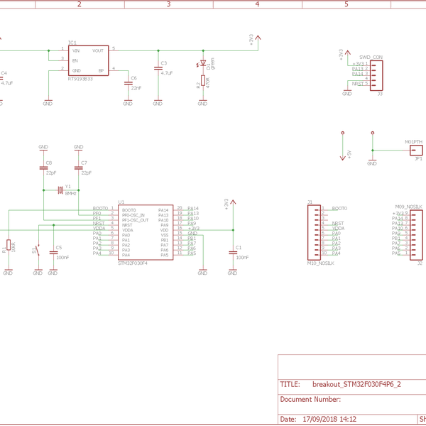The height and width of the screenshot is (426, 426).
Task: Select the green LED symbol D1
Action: (203, 64)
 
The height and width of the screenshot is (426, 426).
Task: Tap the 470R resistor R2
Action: (203, 82)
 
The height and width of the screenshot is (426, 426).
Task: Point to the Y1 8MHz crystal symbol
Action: (61, 190)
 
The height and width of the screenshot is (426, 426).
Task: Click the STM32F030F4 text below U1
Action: (133, 263)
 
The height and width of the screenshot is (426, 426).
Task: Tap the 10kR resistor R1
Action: (8, 246)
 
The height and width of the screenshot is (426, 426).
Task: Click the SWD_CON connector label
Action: (371, 56)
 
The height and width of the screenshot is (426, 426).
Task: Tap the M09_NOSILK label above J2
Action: (409, 206)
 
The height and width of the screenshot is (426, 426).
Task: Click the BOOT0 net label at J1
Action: (339, 209)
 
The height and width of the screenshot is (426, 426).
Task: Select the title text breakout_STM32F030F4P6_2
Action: (356, 384)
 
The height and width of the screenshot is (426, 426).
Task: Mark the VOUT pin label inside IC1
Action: (98, 51)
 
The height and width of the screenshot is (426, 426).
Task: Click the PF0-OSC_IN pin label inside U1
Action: (133, 214)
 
